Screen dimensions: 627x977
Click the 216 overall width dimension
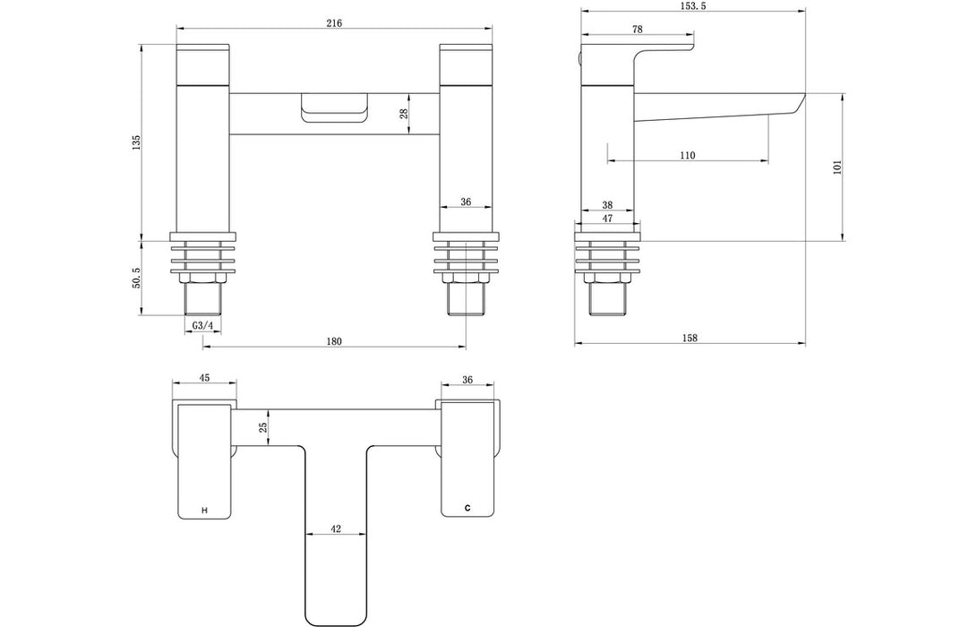[x=335, y=22]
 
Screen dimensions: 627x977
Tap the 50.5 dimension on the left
[x=136, y=277]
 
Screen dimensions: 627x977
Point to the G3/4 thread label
[x=202, y=325]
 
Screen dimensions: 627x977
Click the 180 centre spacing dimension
[x=333, y=341]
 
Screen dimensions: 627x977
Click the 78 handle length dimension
[x=638, y=30]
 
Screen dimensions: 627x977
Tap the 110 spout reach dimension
[x=687, y=156]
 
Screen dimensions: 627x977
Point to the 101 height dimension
[x=836, y=167]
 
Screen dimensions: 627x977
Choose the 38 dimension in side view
[x=607, y=203]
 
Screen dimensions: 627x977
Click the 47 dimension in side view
[x=607, y=218]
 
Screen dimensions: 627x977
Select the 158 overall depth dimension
[x=689, y=338]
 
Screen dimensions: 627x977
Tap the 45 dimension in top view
[x=204, y=378]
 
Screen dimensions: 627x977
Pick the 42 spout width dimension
[x=335, y=528]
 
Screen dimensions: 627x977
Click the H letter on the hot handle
[x=204, y=510]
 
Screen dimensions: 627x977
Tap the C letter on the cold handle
[x=467, y=508]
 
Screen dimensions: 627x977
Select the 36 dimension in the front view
[x=466, y=202]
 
